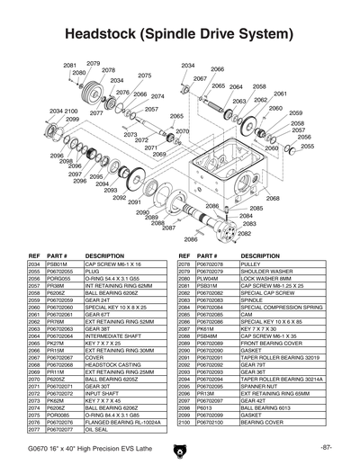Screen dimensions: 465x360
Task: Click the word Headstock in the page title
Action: point(102,34)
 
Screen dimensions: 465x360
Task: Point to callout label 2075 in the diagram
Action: point(144,76)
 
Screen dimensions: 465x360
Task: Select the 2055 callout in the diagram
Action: point(307,146)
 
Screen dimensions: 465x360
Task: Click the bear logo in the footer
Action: point(180,448)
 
